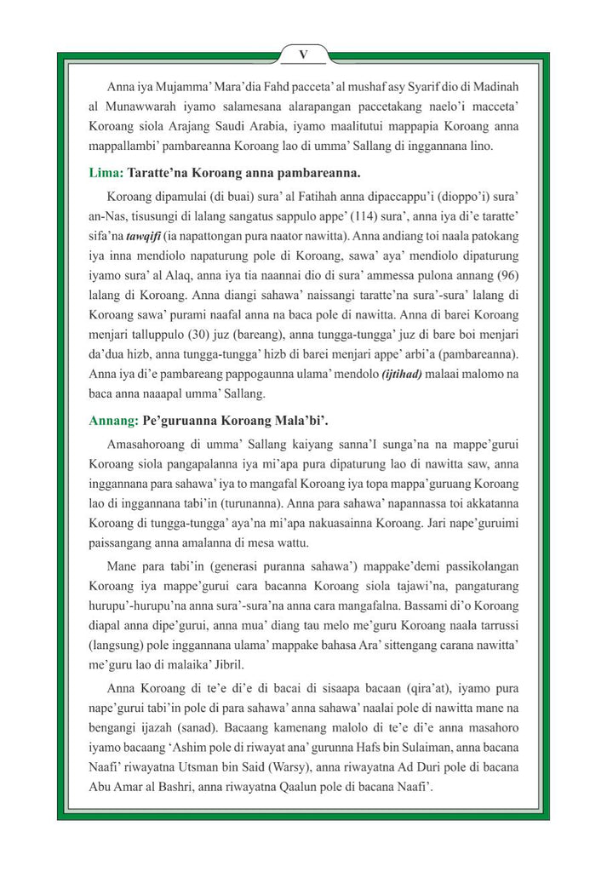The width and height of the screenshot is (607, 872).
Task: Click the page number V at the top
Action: [x=303, y=54]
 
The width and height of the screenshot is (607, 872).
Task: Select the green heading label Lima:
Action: [x=106, y=172]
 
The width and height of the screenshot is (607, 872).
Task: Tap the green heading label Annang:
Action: [x=112, y=419]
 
